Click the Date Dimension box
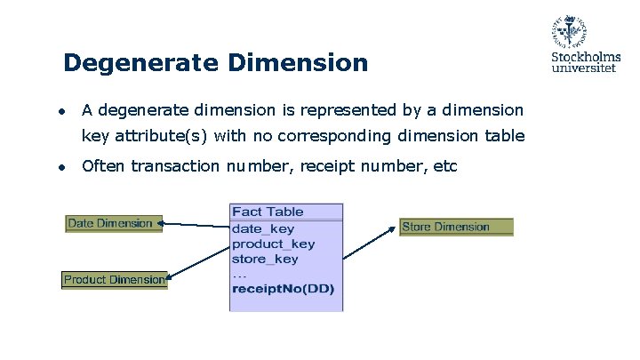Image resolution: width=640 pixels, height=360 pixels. pyautogui.click(x=111, y=223)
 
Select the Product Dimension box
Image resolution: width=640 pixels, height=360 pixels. pyautogui.click(x=114, y=280)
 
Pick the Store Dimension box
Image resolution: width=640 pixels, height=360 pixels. pyautogui.click(x=456, y=227)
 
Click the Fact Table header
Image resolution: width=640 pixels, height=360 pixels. pyautogui.click(x=268, y=212)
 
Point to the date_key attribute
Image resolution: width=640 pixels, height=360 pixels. pyautogui.click(x=262, y=228)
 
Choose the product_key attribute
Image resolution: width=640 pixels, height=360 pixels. pyautogui.click(x=273, y=244)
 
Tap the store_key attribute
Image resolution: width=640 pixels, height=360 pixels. pyautogui.click(x=265, y=259)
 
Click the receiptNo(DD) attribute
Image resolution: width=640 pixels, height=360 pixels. pyautogui.click(x=283, y=288)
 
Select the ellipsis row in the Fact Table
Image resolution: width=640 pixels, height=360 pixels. pyautogui.click(x=239, y=274)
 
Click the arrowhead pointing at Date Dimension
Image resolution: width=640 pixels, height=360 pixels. pyautogui.click(x=160, y=225)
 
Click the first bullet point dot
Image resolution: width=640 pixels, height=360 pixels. pyautogui.click(x=60, y=112)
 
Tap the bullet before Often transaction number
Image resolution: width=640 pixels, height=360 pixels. pyautogui.click(x=60, y=166)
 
